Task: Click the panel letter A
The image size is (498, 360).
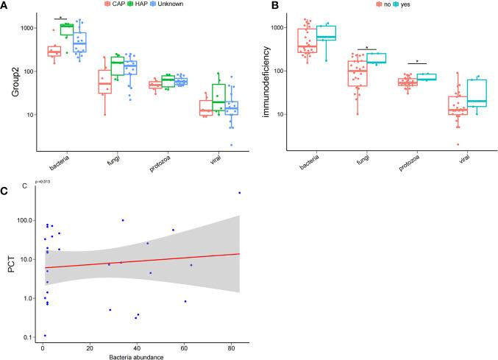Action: point(5,5)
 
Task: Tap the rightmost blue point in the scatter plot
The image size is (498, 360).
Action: point(240,193)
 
